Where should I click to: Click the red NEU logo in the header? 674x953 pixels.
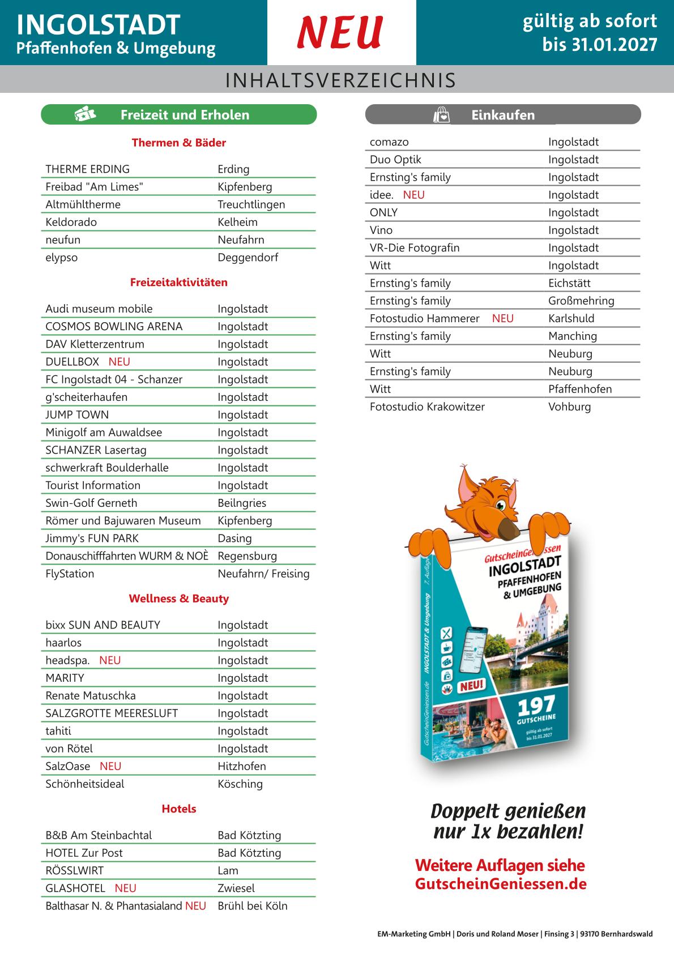click(340, 32)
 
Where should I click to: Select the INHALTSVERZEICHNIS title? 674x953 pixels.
click(340, 80)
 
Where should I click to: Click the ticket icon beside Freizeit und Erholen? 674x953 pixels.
click(85, 114)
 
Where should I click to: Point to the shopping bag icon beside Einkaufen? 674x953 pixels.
click(441, 115)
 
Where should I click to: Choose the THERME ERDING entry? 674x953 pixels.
click(88, 169)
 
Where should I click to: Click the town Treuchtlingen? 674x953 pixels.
click(251, 204)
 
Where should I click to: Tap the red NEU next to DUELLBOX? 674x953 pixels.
click(120, 361)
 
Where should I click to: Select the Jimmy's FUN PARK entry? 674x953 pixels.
click(92, 538)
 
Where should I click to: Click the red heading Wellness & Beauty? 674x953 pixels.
click(179, 599)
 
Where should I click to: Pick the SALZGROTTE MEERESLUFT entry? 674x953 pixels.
click(112, 713)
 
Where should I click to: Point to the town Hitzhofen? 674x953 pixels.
click(242, 766)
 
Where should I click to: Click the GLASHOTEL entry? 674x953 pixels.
click(75, 888)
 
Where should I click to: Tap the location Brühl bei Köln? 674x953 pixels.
click(253, 905)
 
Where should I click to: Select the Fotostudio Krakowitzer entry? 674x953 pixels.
click(427, 407)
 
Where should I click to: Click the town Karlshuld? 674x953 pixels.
click(571, 318)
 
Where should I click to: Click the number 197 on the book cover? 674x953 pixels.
click(536, 706)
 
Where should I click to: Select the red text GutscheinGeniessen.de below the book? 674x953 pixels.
click(501, 884)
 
